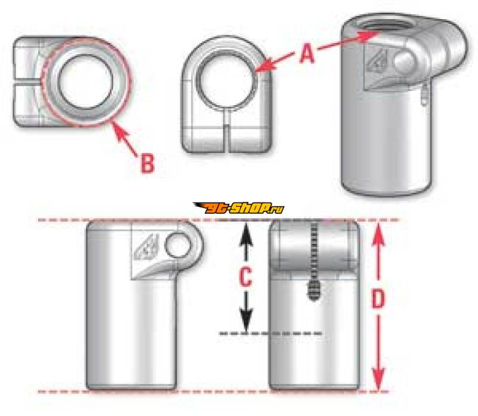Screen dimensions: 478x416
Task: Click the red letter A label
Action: pos(307,53)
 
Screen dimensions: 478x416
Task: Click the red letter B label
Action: pos(148,163)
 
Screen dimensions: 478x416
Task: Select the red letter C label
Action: pos(246,277)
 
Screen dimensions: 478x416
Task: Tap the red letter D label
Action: pos(378,299)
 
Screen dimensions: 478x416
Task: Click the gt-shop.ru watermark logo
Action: pos(238,209)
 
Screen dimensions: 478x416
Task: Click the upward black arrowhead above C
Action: pos(246,233)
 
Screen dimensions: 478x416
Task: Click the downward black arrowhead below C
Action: pos(246,321)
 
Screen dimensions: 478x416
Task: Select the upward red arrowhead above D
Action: pos(378,235)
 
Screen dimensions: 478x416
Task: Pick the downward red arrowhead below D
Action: pos(378,379)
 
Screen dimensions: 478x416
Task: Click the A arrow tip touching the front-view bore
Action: pos(259,69)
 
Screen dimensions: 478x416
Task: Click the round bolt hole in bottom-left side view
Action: pos(176,243)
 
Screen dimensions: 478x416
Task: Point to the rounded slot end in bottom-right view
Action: pos(314,290)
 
